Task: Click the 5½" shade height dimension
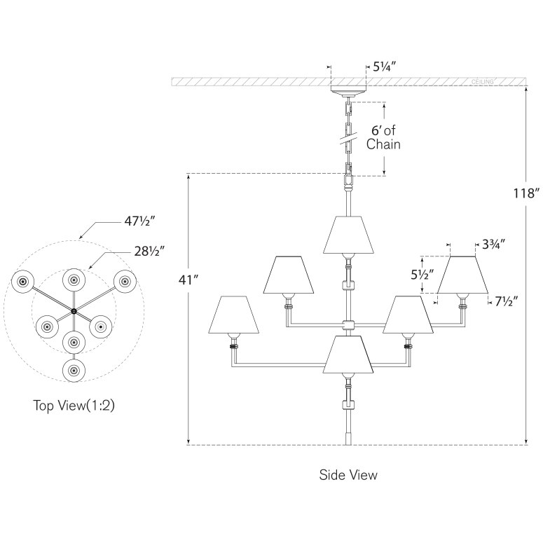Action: [418, 275]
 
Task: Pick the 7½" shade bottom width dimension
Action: [504, 303]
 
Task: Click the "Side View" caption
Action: [348, 474]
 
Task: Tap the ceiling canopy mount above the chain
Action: [348, 91]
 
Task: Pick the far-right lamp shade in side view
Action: [462, 275]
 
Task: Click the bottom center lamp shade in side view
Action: [349, 355]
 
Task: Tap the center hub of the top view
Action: [74, 310]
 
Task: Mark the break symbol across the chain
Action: [348, 137]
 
